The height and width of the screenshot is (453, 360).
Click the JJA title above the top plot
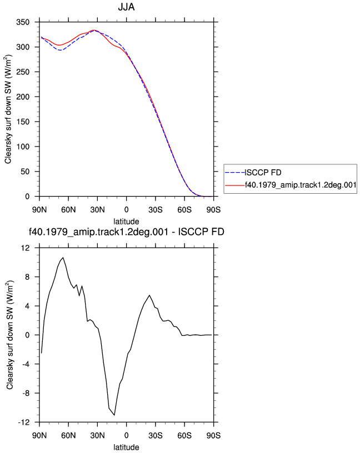[126, 7]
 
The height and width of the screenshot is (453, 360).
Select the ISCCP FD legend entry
[263, 173]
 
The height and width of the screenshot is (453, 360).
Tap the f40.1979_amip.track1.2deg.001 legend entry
[301, 185]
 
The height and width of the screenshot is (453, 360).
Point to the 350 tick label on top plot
[23, 22]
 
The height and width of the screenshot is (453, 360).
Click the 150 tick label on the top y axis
[23, 122]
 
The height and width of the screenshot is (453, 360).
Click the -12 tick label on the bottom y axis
[24, 422]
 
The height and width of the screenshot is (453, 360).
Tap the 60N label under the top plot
[68, 210]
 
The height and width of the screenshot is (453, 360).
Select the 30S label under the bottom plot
[156, 435]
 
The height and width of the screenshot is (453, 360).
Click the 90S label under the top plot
[213, 210]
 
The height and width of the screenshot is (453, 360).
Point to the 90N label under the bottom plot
[39, 435]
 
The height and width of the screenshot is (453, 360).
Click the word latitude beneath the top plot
[126, 222]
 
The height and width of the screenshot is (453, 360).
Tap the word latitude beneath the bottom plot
[126, 447]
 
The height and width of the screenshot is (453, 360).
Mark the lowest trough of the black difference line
[114, 415]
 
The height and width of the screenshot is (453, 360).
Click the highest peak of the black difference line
[63, 258]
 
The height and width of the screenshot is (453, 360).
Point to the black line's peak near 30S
[149, 295]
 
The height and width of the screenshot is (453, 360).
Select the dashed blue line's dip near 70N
[60, 51]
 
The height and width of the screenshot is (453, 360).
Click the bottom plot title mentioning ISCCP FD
[126, 231]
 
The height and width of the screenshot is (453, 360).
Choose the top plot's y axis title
[8, 109]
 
